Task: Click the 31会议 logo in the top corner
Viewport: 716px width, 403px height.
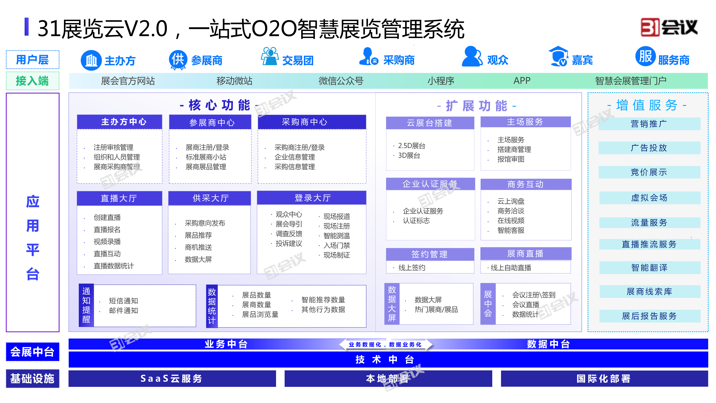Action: point(669,27)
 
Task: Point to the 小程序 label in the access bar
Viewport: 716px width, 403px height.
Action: point(441,81)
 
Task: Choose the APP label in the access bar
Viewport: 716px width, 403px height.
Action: point(522,81)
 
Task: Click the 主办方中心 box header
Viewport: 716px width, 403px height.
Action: point(120,122)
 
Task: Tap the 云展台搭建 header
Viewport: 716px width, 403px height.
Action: point(430,123)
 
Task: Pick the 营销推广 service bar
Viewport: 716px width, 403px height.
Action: point(649,124)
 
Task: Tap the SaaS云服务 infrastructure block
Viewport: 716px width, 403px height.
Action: point(172,379)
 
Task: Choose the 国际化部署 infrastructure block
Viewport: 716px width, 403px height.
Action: point(604,379)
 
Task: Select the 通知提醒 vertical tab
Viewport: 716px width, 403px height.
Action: point(86,305)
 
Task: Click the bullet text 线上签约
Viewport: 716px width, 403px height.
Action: point(412,268)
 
